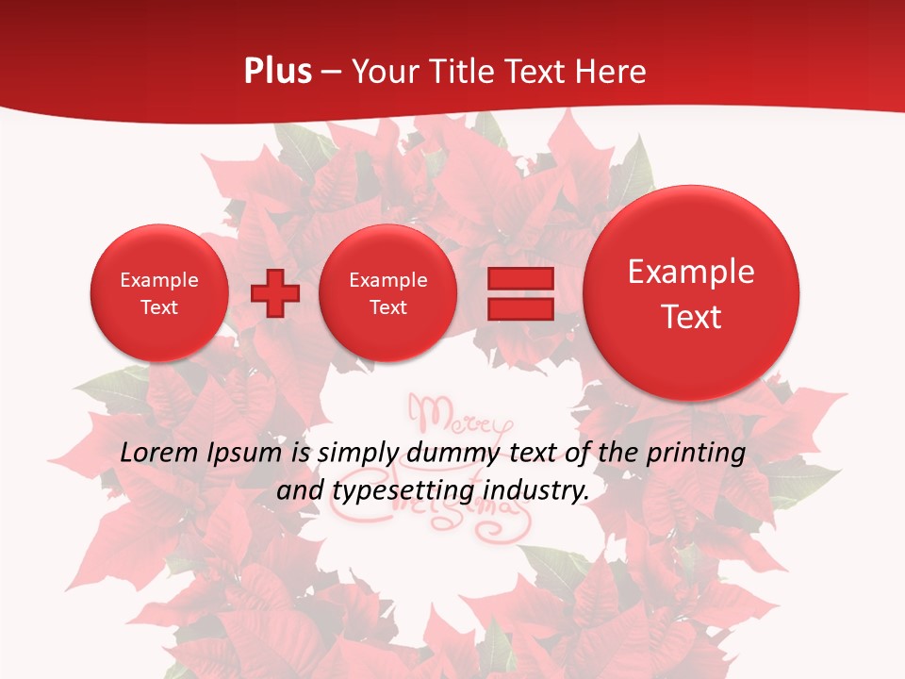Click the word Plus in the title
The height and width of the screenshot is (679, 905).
coord(277,72)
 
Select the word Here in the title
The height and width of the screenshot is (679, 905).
coord(613,72)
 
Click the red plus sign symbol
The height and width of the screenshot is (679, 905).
coord(275,293)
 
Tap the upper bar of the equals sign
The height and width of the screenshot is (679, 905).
coord(520,279)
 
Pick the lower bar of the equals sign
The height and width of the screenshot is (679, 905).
coord(520,309)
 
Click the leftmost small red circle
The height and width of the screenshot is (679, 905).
coord(159,293)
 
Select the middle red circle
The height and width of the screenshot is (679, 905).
coord(387,293)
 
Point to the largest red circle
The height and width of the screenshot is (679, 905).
coord(691,293)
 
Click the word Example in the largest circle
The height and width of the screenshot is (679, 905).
coord(691,272)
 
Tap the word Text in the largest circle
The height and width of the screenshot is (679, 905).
coord(691,317)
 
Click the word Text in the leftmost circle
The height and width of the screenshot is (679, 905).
coord(159,307)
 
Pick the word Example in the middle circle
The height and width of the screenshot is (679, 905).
coord(387,280)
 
